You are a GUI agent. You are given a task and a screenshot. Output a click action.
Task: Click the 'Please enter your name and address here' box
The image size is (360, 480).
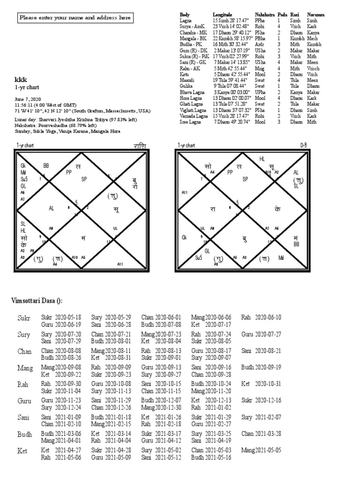point(75,18)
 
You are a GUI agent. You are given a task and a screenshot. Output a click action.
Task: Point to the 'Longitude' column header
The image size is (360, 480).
point(222,15)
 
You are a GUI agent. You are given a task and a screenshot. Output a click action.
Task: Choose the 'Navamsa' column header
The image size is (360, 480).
point(316,15)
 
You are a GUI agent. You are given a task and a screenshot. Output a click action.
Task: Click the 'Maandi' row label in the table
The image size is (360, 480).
point(187,80)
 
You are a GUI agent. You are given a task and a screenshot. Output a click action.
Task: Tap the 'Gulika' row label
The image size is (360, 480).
point(186,86)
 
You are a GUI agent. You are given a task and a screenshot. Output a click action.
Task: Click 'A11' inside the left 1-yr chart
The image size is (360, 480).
point(120,264)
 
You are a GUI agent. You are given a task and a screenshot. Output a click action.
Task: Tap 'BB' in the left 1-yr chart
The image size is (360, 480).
point(46,165)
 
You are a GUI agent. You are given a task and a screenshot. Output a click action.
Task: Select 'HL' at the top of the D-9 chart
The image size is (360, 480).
point(262,160)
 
